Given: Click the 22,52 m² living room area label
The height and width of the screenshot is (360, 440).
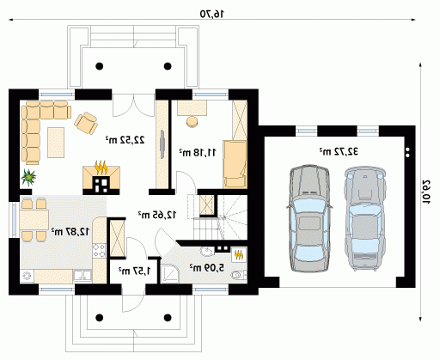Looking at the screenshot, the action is click(125, 140).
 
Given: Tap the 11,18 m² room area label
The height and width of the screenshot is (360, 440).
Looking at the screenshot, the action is click(198, 152).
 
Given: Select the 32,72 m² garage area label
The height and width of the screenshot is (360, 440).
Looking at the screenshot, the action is click(339, 151).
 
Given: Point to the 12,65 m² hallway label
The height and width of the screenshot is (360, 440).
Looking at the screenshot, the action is click(157, 215).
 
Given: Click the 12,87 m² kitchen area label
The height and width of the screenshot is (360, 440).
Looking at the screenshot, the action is click(70, 231).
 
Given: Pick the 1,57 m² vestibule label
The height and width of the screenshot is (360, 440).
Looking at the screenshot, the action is click(135, 271).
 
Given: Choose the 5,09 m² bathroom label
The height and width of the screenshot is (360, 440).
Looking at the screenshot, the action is click(206, 268).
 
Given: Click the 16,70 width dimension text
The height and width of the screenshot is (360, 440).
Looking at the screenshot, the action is click(212, 14).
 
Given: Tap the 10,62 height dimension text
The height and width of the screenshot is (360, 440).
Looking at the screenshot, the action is click(426, 192).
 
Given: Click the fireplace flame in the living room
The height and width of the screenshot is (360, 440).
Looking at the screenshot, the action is click(101, 168).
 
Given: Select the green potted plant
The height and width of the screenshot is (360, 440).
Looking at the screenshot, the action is click(28, 177).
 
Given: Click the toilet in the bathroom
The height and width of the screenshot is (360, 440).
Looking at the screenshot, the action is click(239, 275).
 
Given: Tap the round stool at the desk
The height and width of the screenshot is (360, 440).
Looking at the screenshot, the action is click(192, 121).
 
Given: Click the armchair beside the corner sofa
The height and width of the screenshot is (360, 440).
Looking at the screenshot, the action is click(86, 123).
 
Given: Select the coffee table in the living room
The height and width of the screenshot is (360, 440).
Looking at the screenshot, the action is click(56, 143).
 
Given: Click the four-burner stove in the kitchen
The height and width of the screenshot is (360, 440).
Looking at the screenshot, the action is click(99, 250).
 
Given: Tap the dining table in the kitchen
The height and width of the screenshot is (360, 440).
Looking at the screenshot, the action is click(34, 220).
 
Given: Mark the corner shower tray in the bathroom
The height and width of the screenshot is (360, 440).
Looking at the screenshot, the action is click(169, 273).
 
